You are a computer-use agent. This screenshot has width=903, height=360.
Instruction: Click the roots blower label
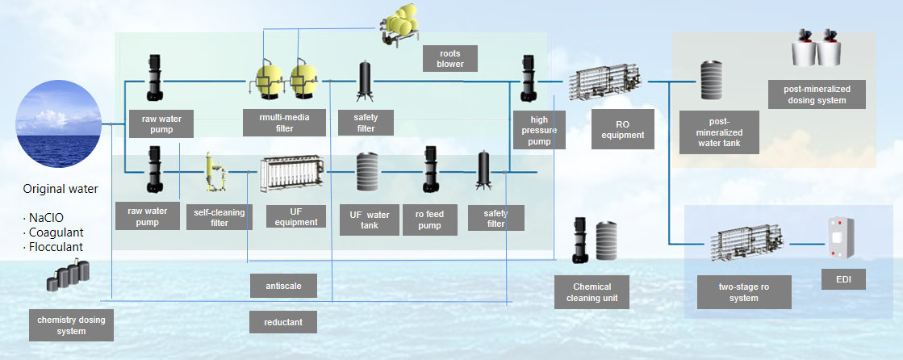point(449,58)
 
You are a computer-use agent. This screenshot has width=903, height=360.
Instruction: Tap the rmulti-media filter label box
point(277,123)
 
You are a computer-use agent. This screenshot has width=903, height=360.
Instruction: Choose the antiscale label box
point(283,286)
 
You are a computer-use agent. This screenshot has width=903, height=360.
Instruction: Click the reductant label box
point(283,322)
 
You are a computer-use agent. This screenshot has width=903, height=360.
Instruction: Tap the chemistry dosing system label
point(71,325)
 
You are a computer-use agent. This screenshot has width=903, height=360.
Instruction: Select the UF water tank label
point(369,220)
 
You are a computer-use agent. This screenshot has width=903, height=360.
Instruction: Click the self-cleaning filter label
point(219,217)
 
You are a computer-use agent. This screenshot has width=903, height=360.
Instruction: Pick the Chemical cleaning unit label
point(592,292)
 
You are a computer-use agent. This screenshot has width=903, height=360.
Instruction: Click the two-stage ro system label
point(743,292)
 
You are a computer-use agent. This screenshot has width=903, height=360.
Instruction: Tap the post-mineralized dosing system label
point(815,94)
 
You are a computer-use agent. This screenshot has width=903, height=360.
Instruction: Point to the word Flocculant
point(55,247)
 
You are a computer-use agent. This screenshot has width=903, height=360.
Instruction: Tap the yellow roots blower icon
point(398,23)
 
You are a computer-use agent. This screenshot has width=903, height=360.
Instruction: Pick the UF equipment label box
point(295,216)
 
